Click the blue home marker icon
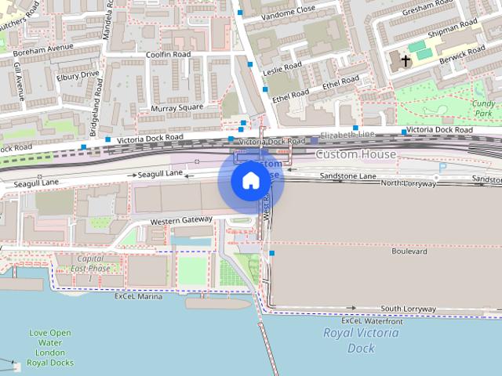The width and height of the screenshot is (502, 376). point(249,181)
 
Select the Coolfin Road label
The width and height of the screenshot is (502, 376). point(169,55)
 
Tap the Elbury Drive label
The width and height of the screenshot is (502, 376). point(78,76)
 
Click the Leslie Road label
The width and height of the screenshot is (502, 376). point(282,68)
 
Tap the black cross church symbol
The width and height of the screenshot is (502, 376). point(406,60)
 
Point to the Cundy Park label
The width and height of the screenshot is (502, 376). point(483,108)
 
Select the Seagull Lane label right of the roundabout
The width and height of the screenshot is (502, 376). point(160,172)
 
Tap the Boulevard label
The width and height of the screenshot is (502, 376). point(409,251)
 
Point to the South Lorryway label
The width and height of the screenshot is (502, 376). point(408,309)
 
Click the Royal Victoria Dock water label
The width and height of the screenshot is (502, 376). point(361,340)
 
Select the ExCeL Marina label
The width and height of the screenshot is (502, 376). point(139,297)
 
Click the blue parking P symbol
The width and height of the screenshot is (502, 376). point(442,167)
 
